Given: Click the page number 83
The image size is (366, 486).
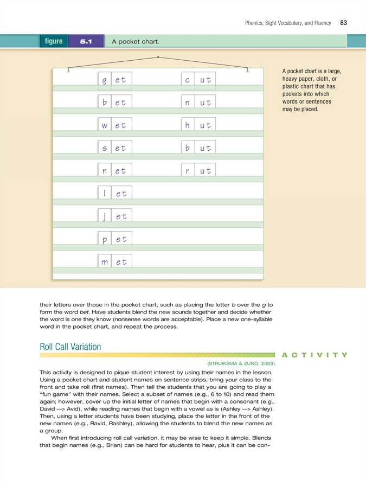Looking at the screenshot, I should [x=344, y=23].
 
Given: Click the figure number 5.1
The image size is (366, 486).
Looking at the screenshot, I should [x=86, y=41].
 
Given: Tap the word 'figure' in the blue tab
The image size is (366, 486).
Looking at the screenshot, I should [x=54, y=41].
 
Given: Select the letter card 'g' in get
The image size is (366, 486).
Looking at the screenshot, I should [x=104, y=80].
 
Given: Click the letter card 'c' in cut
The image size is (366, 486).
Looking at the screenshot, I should [x=188, y=80].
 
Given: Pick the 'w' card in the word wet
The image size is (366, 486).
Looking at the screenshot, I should [x=105, y=125].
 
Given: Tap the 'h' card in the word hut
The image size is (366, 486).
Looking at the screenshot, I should [x=188, y=125].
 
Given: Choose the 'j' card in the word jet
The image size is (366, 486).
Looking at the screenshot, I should [x=105, y=216].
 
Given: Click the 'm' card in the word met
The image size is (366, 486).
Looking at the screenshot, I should [x=105, y=262].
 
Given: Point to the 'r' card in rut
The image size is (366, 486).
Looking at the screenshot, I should [x=188, y=171].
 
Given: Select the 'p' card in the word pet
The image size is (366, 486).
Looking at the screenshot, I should [x=105, y=239].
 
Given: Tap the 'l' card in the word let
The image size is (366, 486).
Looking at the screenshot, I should [x=105, y=194].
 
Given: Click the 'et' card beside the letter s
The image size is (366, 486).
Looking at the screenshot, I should [x=121, y=148].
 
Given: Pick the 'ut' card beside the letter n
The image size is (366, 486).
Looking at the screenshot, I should [x=206, y=103].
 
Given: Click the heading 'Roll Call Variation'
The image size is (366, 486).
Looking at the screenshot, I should [x=70, y=347].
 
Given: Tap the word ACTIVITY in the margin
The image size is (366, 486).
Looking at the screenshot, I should [x=314, y=355].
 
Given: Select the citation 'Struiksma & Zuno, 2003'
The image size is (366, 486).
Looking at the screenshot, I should [x=241, y=363].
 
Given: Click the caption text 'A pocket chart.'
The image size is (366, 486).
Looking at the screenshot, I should [x=135, y=42].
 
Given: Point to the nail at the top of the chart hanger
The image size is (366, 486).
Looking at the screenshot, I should [x=158, y=56].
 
